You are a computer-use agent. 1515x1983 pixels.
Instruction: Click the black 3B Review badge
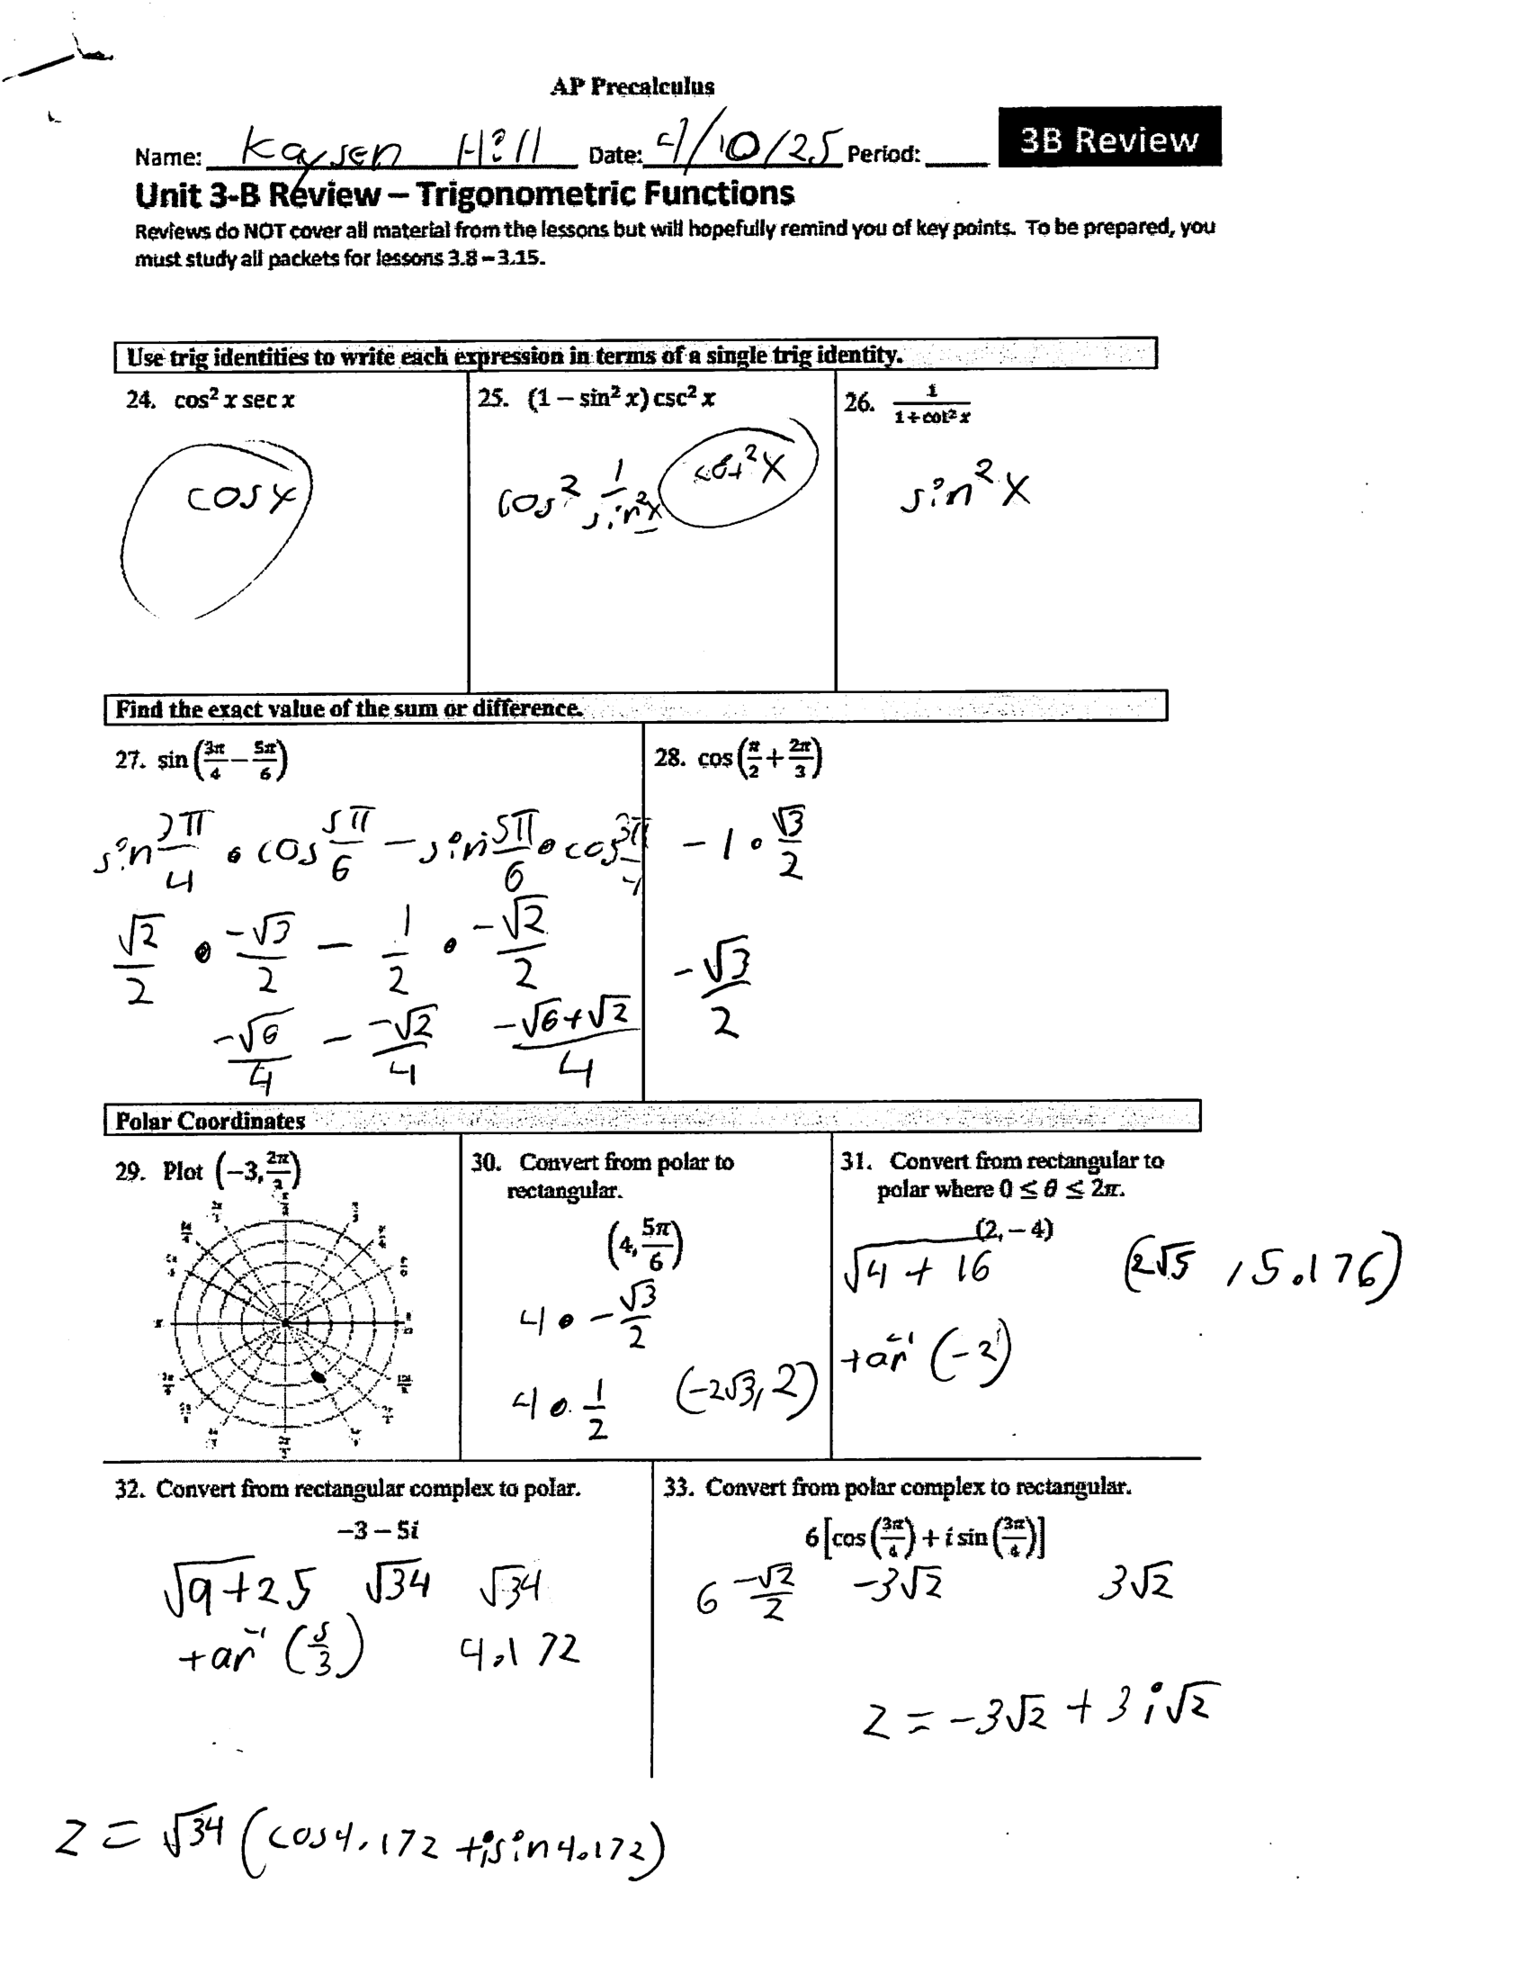tap(1109, 137)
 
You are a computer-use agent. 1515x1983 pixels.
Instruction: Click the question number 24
tap(139, 400)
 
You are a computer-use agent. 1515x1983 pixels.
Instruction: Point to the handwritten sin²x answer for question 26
tap(964, 489)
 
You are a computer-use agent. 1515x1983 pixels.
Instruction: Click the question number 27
tap(129, 760)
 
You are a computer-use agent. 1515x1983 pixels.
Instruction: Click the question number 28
tap(668, 757)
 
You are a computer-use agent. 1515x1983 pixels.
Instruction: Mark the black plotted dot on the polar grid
tap(318, 1375)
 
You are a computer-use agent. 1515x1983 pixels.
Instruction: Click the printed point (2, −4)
tap(1014, 1228)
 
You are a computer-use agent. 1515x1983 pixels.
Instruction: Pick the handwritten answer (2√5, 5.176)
tap(1261, 1268)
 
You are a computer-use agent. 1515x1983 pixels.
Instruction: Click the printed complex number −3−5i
tap(378, 1529)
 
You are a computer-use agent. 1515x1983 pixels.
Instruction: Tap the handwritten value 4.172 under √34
tap(518, 1652)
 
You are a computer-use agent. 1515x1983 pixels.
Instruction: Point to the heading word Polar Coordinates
tap(211, 1121)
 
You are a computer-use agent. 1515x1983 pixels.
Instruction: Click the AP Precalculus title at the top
tap(632, 86)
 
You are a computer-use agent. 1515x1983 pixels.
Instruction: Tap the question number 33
tap(677, 1487)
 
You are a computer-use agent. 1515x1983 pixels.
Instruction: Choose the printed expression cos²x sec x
tap(234, 400)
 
